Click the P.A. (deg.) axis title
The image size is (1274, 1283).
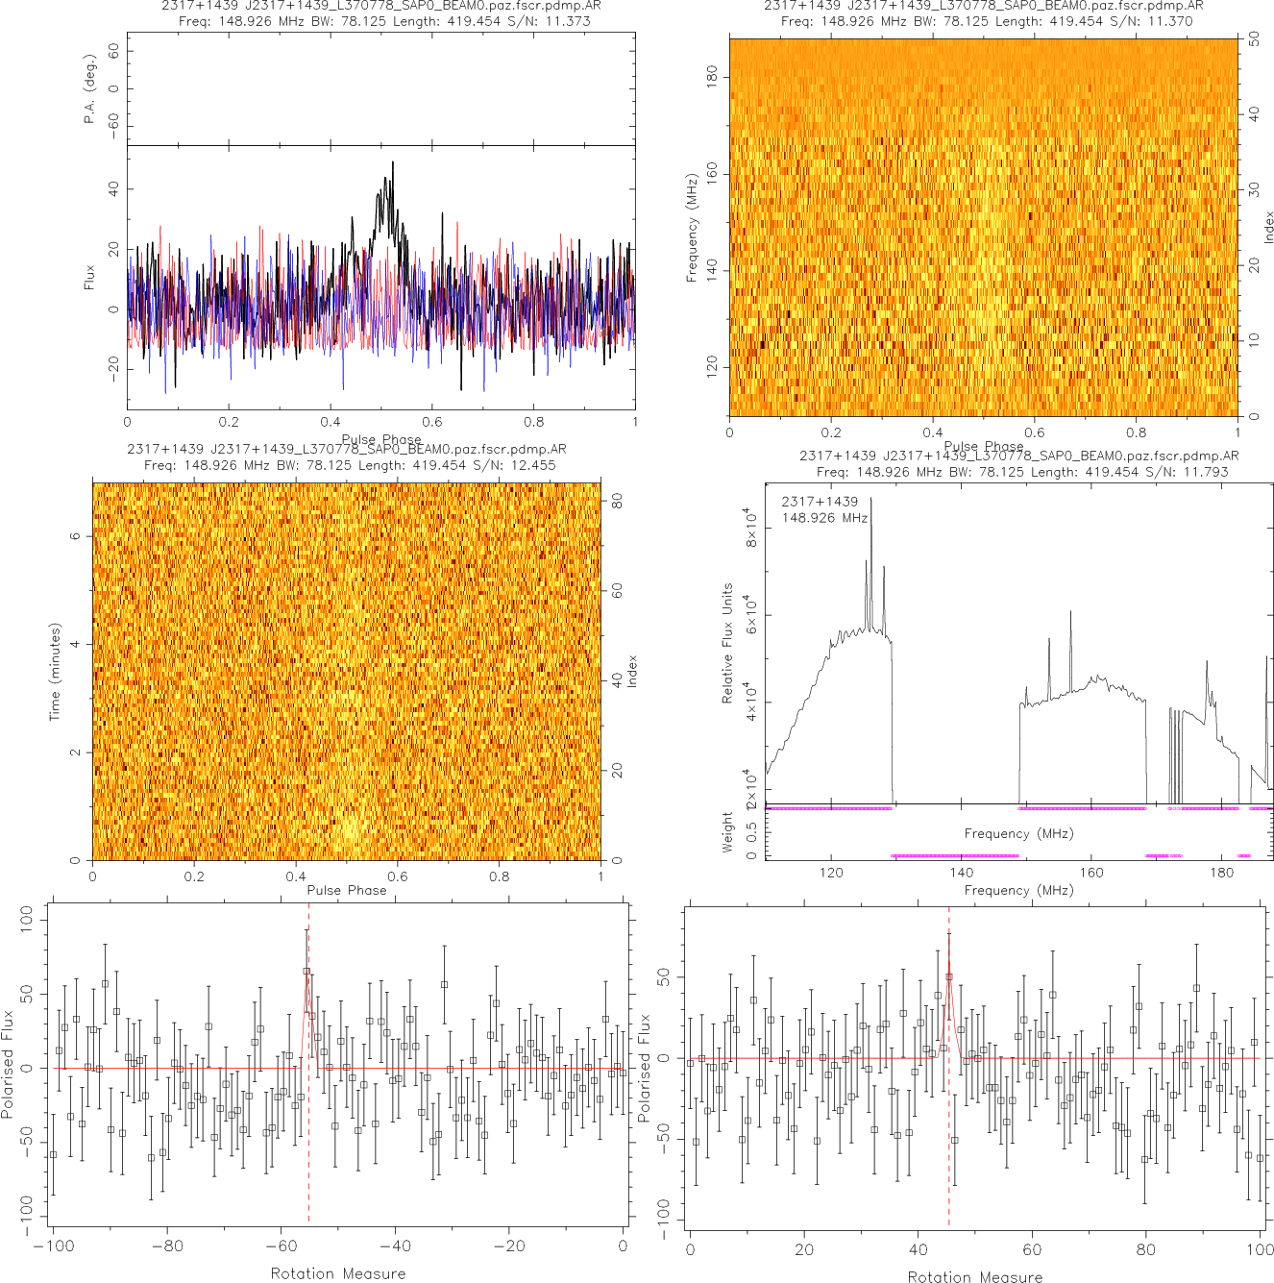click(90, 89)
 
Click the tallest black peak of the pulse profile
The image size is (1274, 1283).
click(391, 163)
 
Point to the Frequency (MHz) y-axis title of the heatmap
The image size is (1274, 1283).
click(691, 228)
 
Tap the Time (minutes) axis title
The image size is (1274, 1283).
click(55, 672)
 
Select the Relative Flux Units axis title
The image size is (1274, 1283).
click(727, 643)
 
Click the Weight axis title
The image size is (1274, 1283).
click(727, 831)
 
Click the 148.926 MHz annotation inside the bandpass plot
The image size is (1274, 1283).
click(824, 518)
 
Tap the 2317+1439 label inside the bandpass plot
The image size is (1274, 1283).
click(820, 502)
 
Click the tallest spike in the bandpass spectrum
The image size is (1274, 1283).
click(871, 500)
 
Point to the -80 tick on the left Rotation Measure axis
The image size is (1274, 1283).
click(167, 1246)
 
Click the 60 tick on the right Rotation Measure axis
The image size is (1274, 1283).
click(1032, 1249)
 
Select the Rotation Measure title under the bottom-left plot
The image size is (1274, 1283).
click(337, 1273)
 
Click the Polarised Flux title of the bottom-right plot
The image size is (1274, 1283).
click(645, 1067)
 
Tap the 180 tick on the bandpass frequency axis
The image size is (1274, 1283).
click(1221, 873)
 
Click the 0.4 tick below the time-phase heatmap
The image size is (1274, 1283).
click(296, 876)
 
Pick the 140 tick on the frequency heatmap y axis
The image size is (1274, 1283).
click(712, 270)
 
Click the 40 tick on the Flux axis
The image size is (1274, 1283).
click(114, 188)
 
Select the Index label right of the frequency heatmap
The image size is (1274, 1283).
click(1268, 227)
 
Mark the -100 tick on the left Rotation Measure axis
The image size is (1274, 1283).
click(54, 1246)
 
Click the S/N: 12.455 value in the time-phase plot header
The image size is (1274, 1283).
click(519, 465)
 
